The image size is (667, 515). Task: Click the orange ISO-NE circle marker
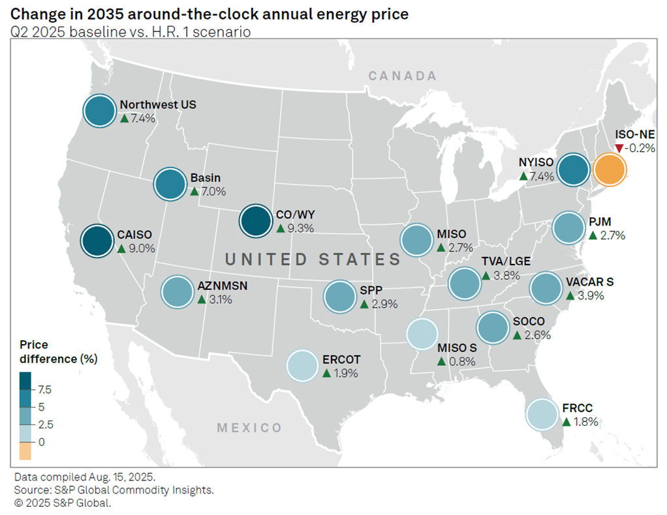pos(610,170)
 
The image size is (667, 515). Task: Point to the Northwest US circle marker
pos(100,111)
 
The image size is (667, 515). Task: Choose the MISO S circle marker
pos(423,333)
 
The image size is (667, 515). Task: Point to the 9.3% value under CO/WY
pos(300,228)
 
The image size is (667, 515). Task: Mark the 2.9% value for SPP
pos(383,304)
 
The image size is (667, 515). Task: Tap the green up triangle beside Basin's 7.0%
pos(194,192)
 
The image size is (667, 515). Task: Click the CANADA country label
pos(402,76)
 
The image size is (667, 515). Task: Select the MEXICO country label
pos(249,428)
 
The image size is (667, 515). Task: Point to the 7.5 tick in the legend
pos(45,390)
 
